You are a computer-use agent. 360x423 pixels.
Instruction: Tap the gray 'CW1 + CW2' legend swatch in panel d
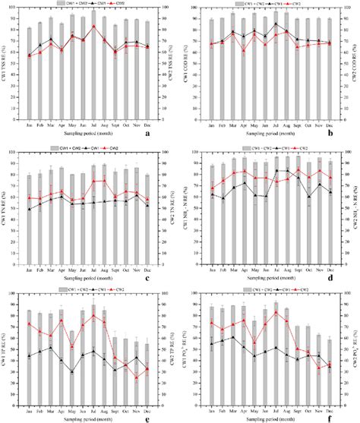234,145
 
